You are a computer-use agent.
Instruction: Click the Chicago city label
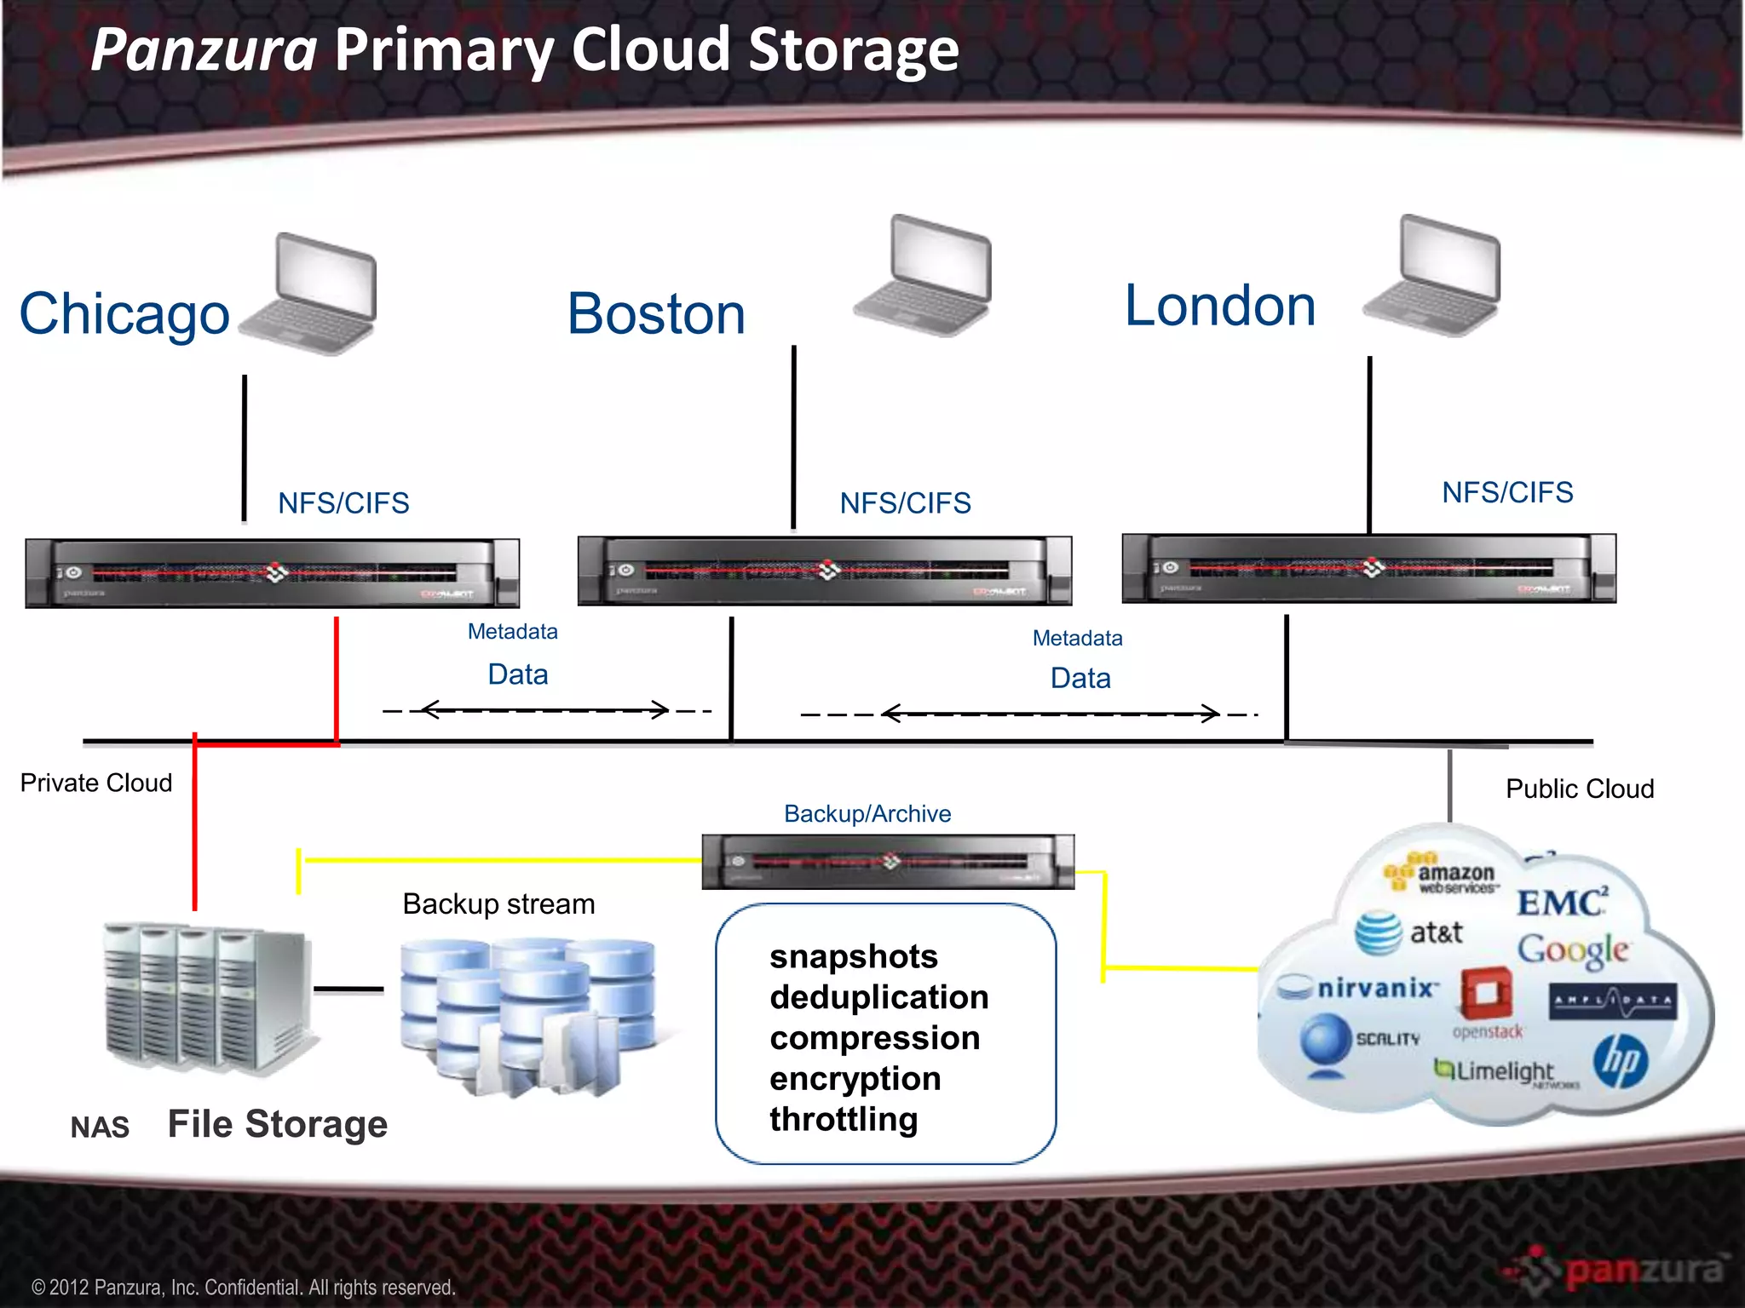(124, 314)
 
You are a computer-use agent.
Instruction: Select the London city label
(1219, 306)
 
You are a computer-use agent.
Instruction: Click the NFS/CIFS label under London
(1506, 492)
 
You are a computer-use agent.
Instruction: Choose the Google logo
(1572, 949)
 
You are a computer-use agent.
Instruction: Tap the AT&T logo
(1410, 932)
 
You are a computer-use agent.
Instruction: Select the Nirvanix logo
(1362, 989)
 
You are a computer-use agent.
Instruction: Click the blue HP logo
(1620, 1061)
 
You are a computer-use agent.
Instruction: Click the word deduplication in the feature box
(878, 997)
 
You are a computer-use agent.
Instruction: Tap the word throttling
(844, 1119)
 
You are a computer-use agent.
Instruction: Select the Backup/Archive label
(867, 814)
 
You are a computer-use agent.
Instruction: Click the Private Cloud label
(96, 783)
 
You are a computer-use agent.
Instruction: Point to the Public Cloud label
(1579, 789)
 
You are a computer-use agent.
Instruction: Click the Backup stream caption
(498, 904)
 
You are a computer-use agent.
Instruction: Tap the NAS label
(100, 1127)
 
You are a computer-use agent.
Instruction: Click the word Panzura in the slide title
(204, 49)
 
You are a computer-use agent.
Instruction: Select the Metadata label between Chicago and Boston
(512, 632)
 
